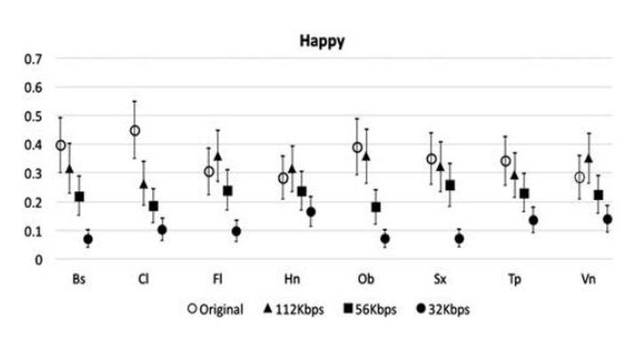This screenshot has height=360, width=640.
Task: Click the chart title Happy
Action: click(x=322, y=41)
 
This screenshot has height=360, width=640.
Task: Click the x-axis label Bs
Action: click(x=79, y=278)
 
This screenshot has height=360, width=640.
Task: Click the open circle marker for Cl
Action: click(x=135, y=131)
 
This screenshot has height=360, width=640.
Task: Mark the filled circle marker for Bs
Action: click(x=88, y=239)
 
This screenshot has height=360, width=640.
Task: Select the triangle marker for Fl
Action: click(x=218, y=156)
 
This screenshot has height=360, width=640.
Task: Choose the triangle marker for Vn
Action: click(x=588, y=157)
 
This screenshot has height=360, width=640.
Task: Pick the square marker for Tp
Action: click(x=524, y=194)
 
